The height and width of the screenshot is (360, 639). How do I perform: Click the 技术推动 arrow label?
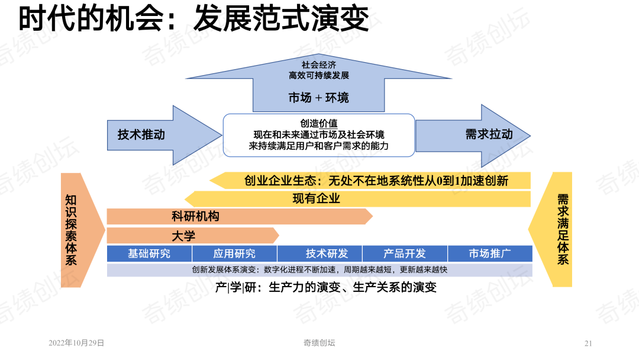(141, 134)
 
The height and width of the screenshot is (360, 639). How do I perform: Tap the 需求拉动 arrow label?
(489, 134)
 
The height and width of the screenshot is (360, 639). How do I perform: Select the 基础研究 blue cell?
(149, 253)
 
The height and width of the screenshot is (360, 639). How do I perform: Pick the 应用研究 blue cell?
(234, 253)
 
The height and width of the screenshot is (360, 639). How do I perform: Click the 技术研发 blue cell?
(319, 253)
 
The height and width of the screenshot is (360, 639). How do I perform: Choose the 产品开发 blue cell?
(405, 253)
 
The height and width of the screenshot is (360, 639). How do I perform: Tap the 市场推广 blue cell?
(490, 253)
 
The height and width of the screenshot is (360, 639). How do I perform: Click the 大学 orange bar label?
(183, 236)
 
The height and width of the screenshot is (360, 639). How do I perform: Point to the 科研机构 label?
(195, 216)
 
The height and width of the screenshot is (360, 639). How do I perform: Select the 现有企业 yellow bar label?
(316, 198)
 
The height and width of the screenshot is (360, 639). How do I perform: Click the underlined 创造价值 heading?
(319, 123)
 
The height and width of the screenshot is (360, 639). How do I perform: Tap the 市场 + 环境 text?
(319, 98)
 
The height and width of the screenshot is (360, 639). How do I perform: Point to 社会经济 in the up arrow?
(319, 65)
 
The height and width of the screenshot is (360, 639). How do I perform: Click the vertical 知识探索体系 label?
(71, 230)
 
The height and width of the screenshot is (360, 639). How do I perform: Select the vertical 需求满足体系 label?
(563, 229)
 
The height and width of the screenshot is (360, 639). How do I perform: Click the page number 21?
(588, 343)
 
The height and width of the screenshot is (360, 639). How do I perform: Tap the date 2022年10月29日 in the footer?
(76, 343)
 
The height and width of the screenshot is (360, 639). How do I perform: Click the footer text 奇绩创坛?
(319, 343)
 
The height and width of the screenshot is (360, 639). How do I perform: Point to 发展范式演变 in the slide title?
(281, 18)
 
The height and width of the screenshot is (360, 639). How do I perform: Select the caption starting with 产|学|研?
(325, 287)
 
